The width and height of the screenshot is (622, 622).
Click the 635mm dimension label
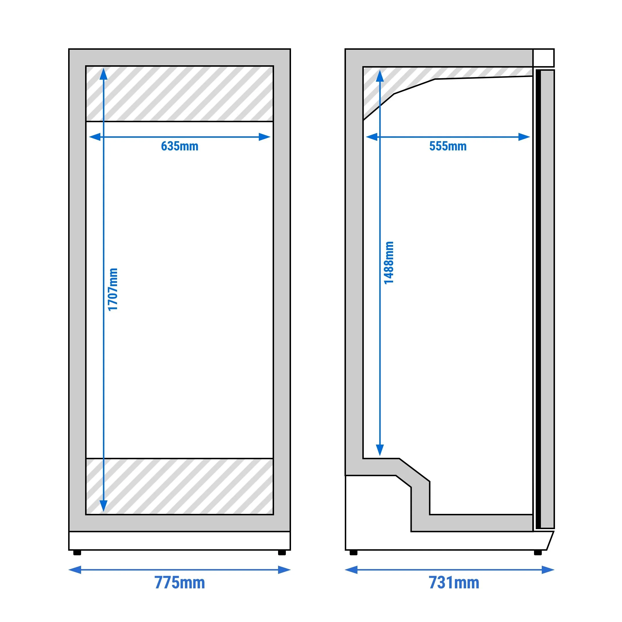pos(180,146)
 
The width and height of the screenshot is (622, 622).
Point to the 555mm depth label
pos(448,146)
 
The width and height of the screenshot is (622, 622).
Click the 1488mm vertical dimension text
pos(389,263)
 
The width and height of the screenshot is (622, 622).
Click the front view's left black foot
pos(77,553)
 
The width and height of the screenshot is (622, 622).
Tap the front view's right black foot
pos(282,553)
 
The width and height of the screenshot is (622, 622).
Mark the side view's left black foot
pos(353,553)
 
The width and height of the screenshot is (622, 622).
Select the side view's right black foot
pos(538,553)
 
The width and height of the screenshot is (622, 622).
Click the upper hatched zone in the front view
pos(180,94)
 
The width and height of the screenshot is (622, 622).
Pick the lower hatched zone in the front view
pos(180,487)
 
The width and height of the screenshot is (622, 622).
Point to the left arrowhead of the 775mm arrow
pos(75,570)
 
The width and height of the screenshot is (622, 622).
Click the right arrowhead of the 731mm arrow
pos(548,570)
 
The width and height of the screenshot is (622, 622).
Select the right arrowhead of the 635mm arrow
pos(264,137)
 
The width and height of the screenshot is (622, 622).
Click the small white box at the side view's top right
pos(543,58)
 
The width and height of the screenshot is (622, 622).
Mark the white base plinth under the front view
pos(180,541)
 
